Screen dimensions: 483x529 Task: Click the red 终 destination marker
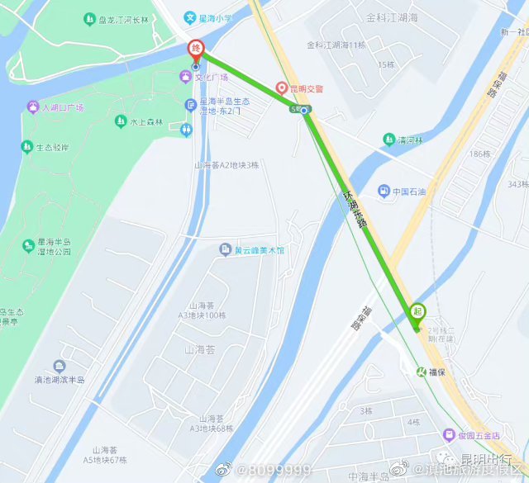pos(196,48)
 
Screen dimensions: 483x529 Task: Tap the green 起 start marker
pos(417,311)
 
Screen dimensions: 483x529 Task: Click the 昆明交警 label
pos(306,88)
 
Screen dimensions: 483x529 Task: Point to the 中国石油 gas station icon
pos(384,192)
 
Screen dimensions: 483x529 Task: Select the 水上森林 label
pos(145,121)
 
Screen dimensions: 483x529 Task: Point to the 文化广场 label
pos(211,77)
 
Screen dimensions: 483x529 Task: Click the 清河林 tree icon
pos(389,140)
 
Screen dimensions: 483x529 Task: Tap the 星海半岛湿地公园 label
pos(55,248)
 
